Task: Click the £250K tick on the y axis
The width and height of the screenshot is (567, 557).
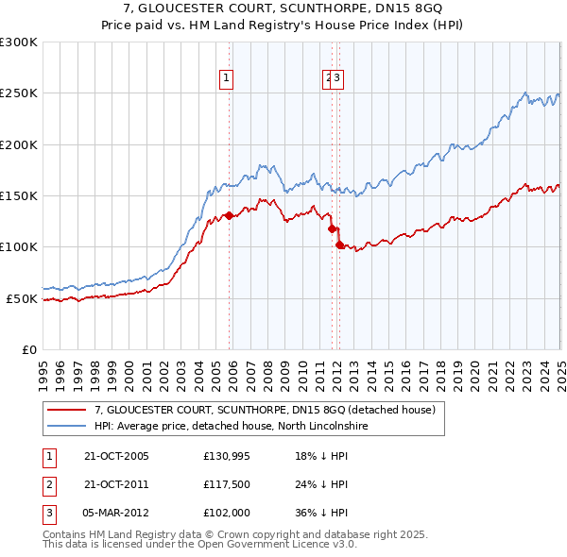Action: [x=19, y=93]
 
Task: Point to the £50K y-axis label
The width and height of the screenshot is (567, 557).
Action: [x=22, y=298]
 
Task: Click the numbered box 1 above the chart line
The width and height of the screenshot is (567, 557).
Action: [x=228, y=79]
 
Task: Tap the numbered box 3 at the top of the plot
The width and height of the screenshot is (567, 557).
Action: [x=337, y=79]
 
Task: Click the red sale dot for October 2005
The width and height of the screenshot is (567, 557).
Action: [x=229, y=215]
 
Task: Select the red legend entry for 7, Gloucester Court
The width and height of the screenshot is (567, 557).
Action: [x=264, y=410]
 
